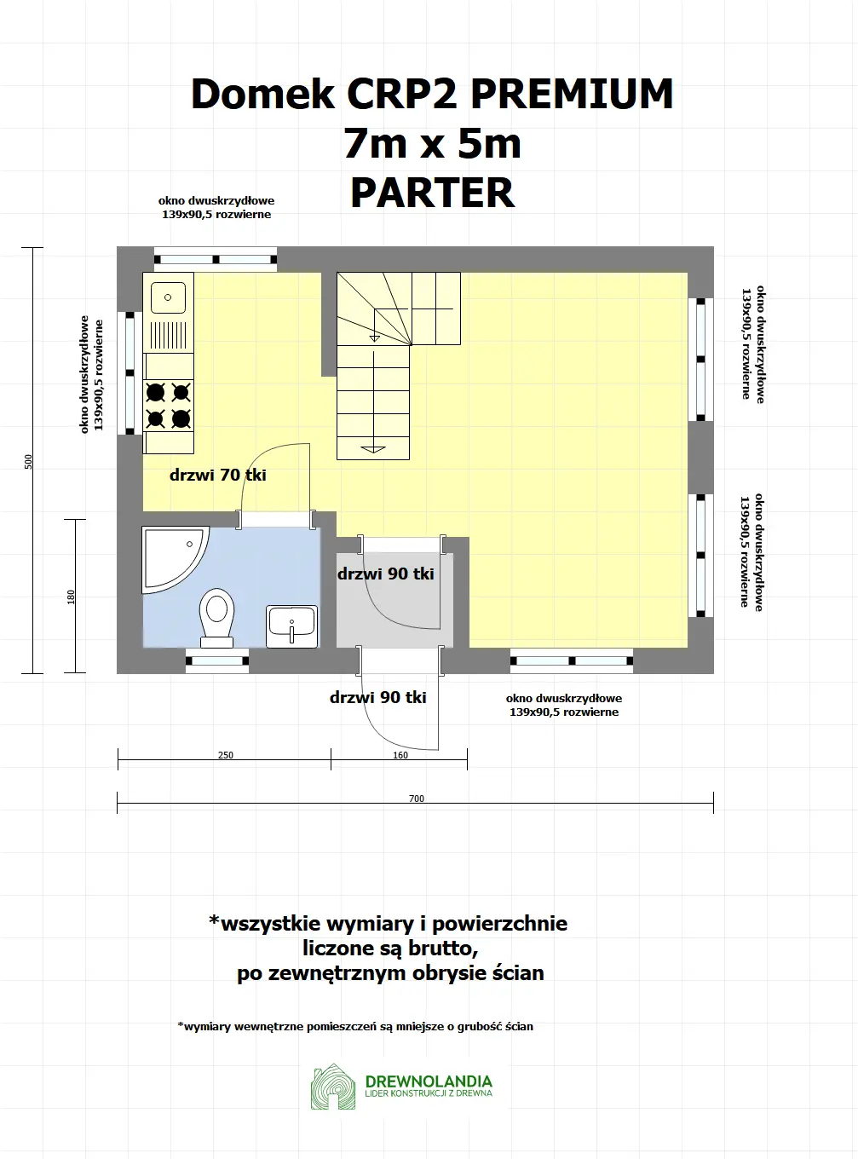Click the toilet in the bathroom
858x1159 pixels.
tap(217, 615)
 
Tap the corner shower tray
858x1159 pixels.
tap(170, 556)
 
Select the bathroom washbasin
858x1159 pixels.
tap(291, 626)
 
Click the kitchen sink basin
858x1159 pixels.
tap(168, 297)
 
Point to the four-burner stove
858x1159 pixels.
tap(168, 405)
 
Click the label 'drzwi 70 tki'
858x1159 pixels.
tap(218, 475)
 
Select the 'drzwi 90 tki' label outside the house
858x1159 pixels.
tap(378, 697)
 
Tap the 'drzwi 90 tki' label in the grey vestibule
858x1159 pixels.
tap(386, 574)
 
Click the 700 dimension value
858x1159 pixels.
tap(416, 799)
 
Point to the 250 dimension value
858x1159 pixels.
tap(226, 755)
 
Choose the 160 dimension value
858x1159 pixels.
tap(400, 755)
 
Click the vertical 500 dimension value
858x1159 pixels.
tap(29, 461)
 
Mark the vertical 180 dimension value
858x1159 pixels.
tap(72, 597)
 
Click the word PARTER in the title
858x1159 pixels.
tap(433, 193)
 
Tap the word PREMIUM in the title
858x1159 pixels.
tap(572, 94)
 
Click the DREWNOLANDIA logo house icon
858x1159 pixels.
tap(333, 1087)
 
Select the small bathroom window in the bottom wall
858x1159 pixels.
tap(216, 660)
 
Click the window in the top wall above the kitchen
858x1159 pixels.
tap(216, 259)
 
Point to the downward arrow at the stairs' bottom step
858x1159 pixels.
tap(373, 448)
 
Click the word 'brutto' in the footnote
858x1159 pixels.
tap(437, 948)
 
